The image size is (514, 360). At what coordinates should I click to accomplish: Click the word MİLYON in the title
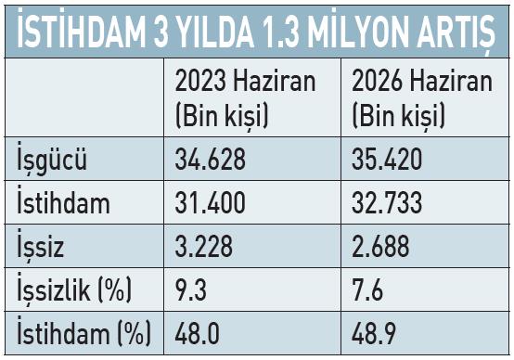click(358, 32)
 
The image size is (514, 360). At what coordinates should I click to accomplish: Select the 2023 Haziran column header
click(245, 98)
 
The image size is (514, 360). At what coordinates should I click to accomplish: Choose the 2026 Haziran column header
click(422, 98)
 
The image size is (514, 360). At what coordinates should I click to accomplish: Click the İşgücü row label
click(52, 159)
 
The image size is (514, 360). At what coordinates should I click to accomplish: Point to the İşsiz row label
click(40, 245)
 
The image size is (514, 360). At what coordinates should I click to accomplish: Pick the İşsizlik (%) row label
click(74, 289)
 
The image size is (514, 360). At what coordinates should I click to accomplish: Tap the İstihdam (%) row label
click(84, 332)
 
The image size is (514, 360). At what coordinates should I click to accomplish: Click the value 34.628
click(210, 159)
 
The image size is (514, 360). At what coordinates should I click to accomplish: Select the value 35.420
click(387, 159)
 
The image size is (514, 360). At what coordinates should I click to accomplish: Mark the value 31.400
click(210, 202)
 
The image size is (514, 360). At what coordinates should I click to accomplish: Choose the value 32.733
click(387, 202)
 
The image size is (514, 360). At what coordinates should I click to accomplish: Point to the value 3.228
click(203, 246)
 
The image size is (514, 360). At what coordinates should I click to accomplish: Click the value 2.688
click(380, 246)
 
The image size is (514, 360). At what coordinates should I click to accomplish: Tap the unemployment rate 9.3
click(191, 289)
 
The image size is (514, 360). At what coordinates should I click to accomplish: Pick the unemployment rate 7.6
click(367, 289)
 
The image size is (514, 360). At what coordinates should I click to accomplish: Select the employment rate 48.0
click(197, 333)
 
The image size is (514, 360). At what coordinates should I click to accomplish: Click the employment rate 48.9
click(374, 333)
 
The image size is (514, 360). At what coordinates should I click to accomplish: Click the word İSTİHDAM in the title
click(82, 32)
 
